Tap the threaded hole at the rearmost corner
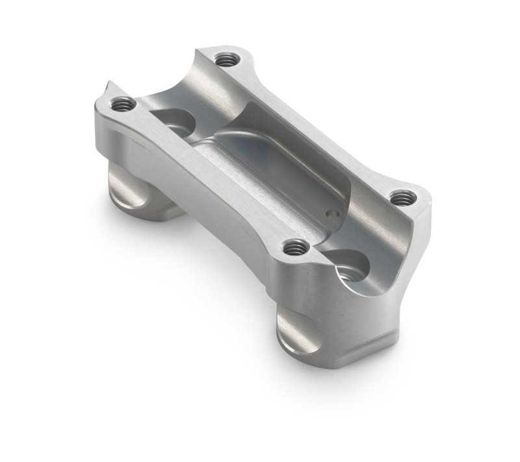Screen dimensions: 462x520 (x=226, y=60)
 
